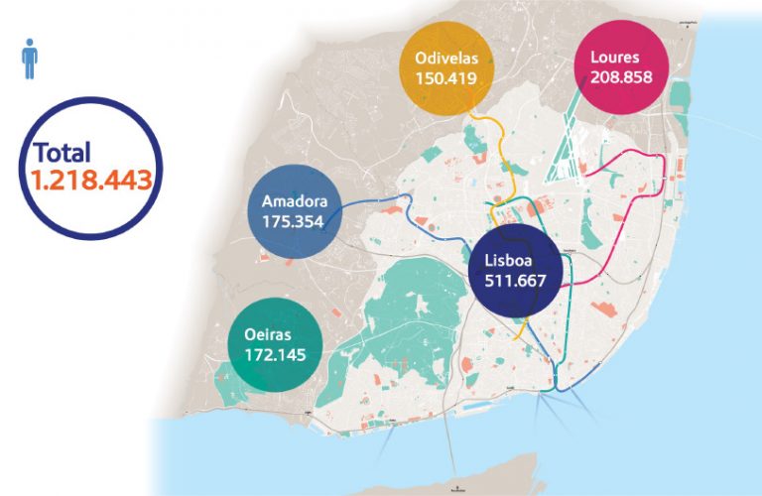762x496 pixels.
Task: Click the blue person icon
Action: click(30, 59)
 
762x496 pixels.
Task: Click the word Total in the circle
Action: click(62, 153)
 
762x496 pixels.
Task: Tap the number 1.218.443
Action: click(90, 180)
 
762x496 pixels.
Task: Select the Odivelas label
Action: click(439, 59)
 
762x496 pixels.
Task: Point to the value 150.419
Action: click(439, 78)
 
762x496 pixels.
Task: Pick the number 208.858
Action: click(619, 76)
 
